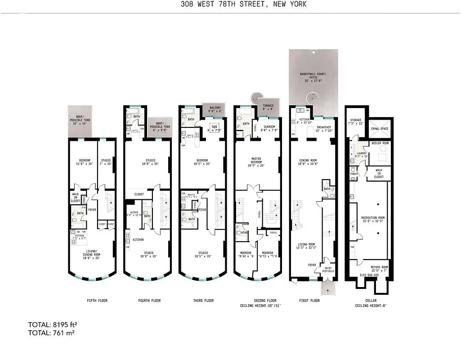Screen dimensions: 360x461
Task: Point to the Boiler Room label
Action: (380, 143)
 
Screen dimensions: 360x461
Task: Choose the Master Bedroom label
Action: (257, 161)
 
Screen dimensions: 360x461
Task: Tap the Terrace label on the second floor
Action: (269, 107)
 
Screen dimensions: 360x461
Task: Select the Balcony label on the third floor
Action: (214, 109)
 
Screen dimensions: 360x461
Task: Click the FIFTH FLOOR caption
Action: (97, 301)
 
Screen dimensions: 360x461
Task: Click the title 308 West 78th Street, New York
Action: (230, 4)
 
